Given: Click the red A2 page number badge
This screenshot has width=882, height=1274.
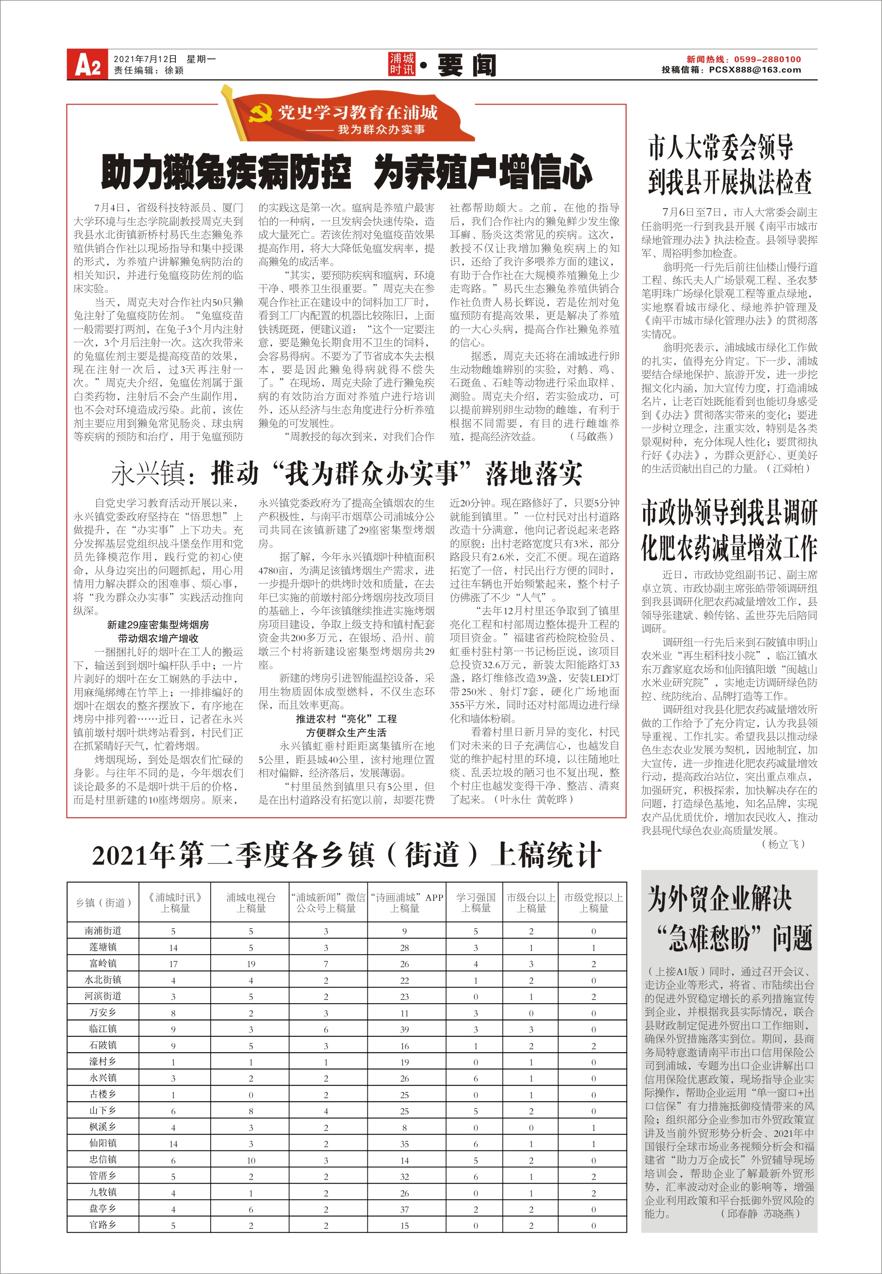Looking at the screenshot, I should click(x=87, y=65).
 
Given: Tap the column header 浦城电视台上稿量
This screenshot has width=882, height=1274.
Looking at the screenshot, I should click(x=250, y=902).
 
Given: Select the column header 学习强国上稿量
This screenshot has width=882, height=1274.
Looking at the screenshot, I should click(x=475, y=902).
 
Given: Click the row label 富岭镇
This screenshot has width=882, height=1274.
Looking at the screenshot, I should click(x=103, y=963).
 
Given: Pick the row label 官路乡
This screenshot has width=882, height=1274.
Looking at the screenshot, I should click(x=103, y=1224).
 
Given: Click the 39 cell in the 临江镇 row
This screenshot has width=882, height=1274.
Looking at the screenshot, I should click(x=405, y=1029).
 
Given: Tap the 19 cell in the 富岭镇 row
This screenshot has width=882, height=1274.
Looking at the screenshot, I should click(x=251, y=964).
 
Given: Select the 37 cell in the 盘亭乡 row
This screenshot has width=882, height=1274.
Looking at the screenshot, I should click(x=405, y=1209).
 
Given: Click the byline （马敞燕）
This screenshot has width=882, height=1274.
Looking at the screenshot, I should click(x=591, y=437).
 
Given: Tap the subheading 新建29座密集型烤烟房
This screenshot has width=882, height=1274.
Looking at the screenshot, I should click(x=158, y=625).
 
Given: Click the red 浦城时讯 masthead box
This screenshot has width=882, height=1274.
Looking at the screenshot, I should click(x=401, y=64).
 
